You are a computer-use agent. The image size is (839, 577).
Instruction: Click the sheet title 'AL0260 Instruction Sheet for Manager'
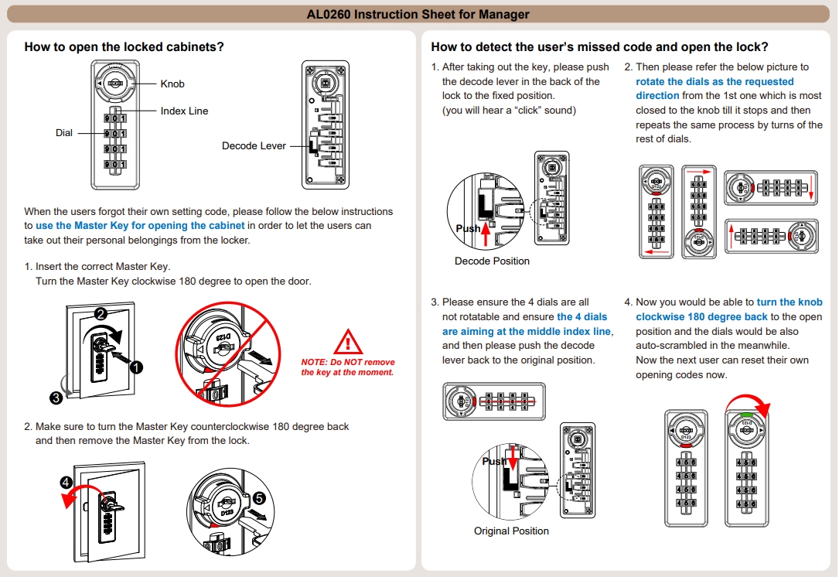pyautogui.click(x=418, y=14)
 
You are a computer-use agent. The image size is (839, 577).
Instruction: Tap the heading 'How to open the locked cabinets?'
pyautogui.click(x=124, y=46)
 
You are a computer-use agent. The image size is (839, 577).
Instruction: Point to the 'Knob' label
pyautogui.click(x=172, y=84)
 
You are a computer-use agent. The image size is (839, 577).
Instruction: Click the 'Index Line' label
pyautogui.click(x=184, y=111)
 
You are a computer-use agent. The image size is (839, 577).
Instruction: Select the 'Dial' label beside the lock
pyautogui.click(x=64, y=133)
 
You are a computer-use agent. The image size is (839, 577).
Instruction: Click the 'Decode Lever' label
pyautogui.click(x=254, y=145)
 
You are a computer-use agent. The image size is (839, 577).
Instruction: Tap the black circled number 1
pyautogui.click(x=137, y=367)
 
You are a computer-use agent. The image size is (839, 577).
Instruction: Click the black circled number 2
pyautogui.click(x=100, y=314)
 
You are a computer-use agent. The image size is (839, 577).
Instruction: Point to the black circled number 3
pyautogui.click(x=56, y=398)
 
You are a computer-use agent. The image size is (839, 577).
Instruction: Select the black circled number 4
pyautogui.click(x=67, y=483)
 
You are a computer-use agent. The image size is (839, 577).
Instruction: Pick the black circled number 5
pyautogui.click(x=258, y=499)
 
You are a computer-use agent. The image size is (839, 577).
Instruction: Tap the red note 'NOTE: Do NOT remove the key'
pyautogui.click(x=347, y=367)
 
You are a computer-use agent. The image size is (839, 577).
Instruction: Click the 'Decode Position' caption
pyautogui.click(x=492, y=261)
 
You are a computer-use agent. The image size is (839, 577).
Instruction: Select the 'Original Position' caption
pyautogui.click(x=511, y=531)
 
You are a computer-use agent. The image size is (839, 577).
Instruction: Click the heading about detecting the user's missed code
pyautogui.click(x=599, y=46)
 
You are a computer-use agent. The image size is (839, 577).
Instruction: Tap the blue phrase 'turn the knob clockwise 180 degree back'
pyautogui.click(x=728, y=309)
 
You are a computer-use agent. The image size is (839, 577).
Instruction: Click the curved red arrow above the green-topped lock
pyautogui.click(x=754, y=405)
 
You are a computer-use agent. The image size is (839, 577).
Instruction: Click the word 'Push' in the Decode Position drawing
pyautogui.click(x=468, y=228)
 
